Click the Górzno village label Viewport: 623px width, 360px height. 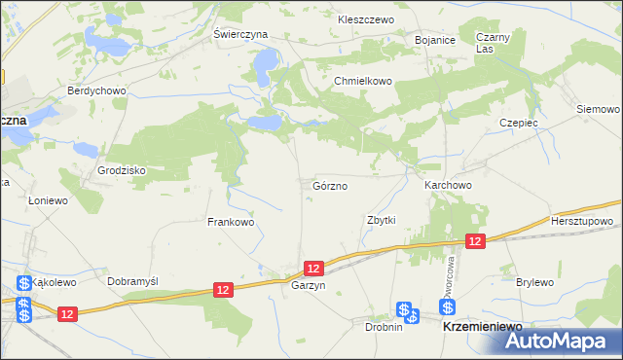(330, 185)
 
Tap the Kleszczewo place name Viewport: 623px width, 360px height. (364, 19)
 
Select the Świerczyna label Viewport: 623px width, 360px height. (240, 33)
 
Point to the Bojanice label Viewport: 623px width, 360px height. (435, 40)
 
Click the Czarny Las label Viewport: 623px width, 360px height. (494, 43)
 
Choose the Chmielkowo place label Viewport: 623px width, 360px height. (363, 82)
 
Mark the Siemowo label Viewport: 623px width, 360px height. (598, 109)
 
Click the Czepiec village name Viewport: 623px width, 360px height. (519, 124)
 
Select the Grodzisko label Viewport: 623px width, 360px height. (121, 170)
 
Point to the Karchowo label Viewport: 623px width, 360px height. (448, 185)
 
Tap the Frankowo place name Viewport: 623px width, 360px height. (231, 222)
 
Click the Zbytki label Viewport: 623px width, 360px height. (381, 220)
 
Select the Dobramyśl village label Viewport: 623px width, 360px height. (132, 280)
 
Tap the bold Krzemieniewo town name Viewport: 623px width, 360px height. (483, 329)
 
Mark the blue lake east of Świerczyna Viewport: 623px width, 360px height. (263, 65)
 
